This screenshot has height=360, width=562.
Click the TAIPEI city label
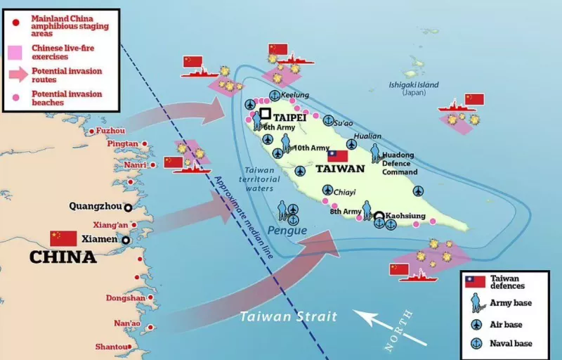click(289, 117)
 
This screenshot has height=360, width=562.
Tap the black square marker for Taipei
click(265, 113)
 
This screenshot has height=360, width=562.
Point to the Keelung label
click(294, 95)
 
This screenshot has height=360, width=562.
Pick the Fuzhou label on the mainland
click(111, 131)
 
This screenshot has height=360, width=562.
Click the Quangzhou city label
click(95, 207)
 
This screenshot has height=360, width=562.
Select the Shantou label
click(112, 347)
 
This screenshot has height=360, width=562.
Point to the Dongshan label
click(125, 297)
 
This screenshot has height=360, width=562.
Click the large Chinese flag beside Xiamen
click(63, 238)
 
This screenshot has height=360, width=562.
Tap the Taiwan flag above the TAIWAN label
click(337, 156)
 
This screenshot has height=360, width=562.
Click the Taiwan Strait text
click(288, 316)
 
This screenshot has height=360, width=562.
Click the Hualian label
click(367, 136)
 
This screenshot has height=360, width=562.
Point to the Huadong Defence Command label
click(398, 163)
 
